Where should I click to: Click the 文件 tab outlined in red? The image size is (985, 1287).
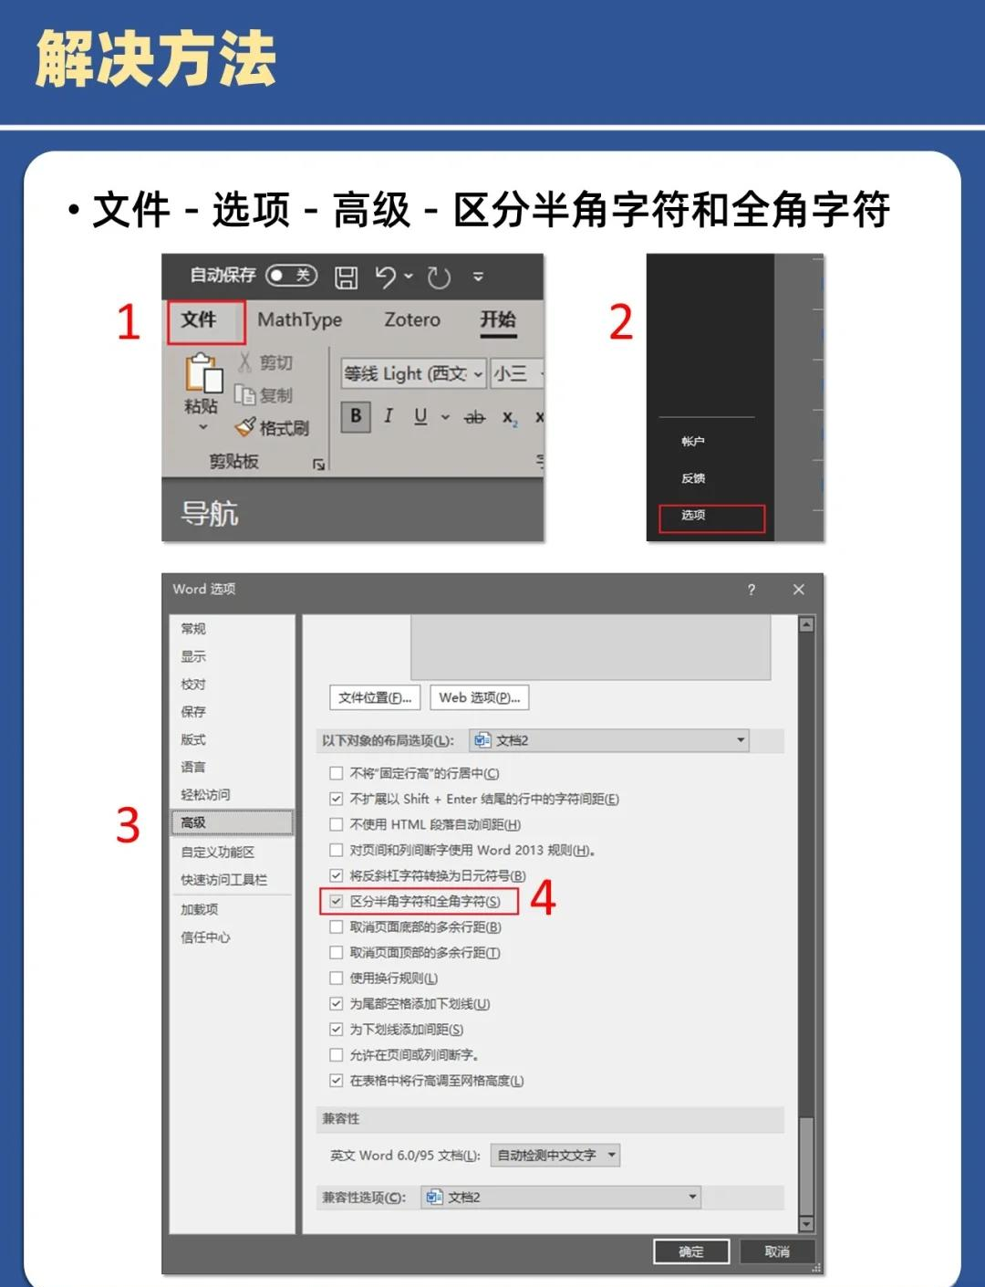click(199, 320)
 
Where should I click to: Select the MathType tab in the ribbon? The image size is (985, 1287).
click(299, 320)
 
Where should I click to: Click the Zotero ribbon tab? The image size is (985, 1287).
click(411, 320)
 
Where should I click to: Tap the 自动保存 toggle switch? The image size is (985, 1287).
click(290, 276)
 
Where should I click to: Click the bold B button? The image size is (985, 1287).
click(356, 416)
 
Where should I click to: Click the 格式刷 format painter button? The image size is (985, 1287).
click(273, 428)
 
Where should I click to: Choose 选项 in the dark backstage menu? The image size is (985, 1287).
click(694, 516)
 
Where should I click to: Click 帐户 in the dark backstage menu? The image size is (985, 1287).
click(693, 442)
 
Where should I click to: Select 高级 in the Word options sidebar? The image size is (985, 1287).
click(193, 823)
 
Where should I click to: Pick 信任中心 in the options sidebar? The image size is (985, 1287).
click(205, 937)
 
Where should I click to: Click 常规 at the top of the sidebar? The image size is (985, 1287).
click(193, 629)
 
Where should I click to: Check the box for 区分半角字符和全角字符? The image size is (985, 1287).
click(337, 902)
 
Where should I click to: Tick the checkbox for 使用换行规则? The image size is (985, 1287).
click(337, 978)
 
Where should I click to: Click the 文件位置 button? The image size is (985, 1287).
click(375, 698)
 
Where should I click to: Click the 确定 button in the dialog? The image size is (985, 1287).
click(691, 1251)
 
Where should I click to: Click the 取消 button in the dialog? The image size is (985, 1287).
click(776, 1251)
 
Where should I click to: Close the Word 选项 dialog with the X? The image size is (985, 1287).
click(799, 590)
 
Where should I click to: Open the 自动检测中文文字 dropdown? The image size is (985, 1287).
click(555, 1156)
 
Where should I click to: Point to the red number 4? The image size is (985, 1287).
click(543, 898)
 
